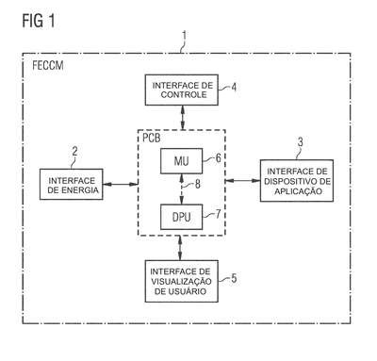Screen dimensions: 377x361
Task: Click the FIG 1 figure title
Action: click(x=39, y=21)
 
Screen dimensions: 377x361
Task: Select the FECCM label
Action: click(x=48, y=65)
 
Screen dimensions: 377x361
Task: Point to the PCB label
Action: click(x=152, y=138)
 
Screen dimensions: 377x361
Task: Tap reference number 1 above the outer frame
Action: click(x=185, y=35)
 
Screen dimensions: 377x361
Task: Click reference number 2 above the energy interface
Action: click(x=74, y=152)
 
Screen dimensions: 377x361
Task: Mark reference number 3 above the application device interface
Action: click(x=301, y=142)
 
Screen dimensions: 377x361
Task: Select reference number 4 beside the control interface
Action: click(x=234, y=87)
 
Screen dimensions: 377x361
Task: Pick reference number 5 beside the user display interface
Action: click(x=234, y=278)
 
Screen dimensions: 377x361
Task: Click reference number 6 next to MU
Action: click(x=219, y=157)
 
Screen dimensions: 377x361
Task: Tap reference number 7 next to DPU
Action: click(x=218, y=214)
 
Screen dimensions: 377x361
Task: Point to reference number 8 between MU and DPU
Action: click(x=197, y=184)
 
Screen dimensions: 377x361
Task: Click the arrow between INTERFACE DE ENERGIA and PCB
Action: click(x=121, y=184)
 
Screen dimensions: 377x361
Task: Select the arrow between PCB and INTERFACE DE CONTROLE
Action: click(x=182, y=118)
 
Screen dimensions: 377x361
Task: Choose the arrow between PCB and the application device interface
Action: click(x=242, y=181)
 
